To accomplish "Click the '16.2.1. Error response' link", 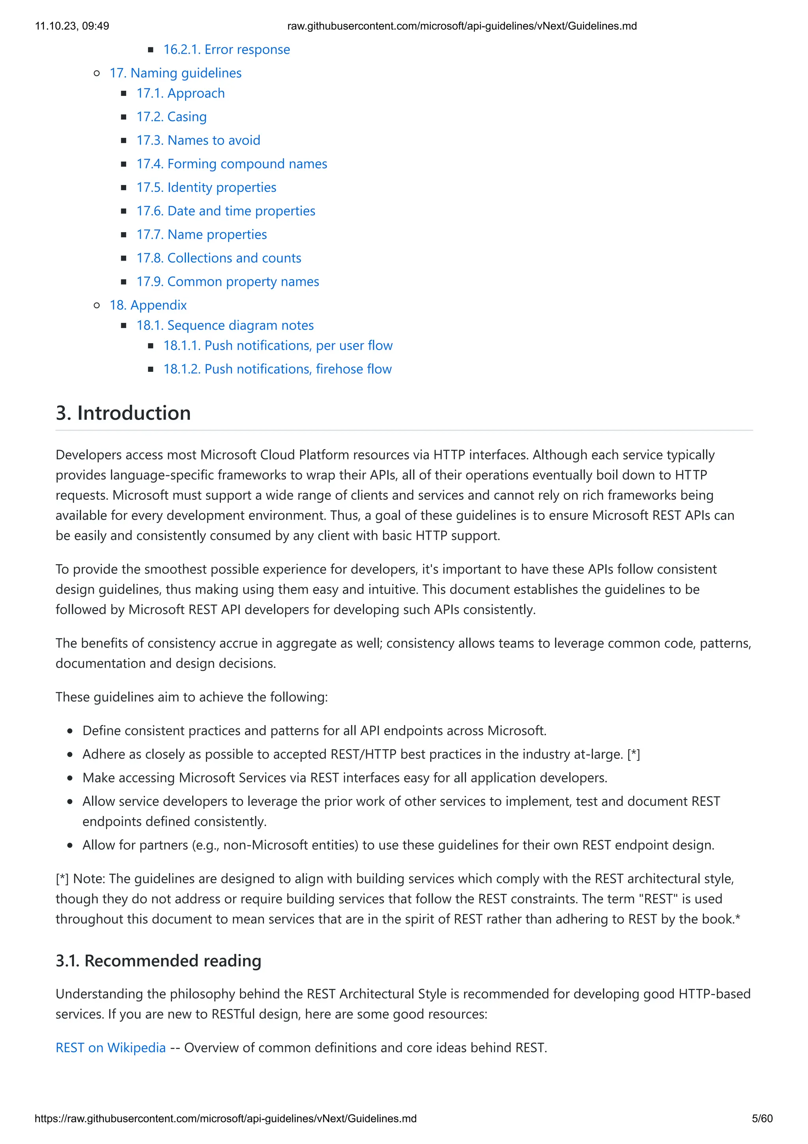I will tap(226, 49).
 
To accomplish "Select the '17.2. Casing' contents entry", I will tap(171, 116).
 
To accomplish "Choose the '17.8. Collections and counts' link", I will tap(219, 258).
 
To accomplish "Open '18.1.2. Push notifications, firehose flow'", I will tap(277, 369).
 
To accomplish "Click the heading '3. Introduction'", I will tap(123, 413).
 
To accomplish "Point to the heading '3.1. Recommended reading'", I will tap(158, 961).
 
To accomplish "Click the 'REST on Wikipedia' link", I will tap(110, 1048).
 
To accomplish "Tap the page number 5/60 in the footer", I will tap(762, 1119).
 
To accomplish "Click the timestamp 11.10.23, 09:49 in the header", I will tap(72, 26).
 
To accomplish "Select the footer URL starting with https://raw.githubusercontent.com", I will tap(225, 1119).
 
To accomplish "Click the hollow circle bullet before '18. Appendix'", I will tap(97, 306).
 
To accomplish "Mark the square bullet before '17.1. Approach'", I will tap(123, 94).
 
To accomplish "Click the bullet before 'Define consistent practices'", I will tap(70, 731).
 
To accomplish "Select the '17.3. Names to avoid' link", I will tap(198, 141).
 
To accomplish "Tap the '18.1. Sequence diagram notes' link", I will tap(225, 325).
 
